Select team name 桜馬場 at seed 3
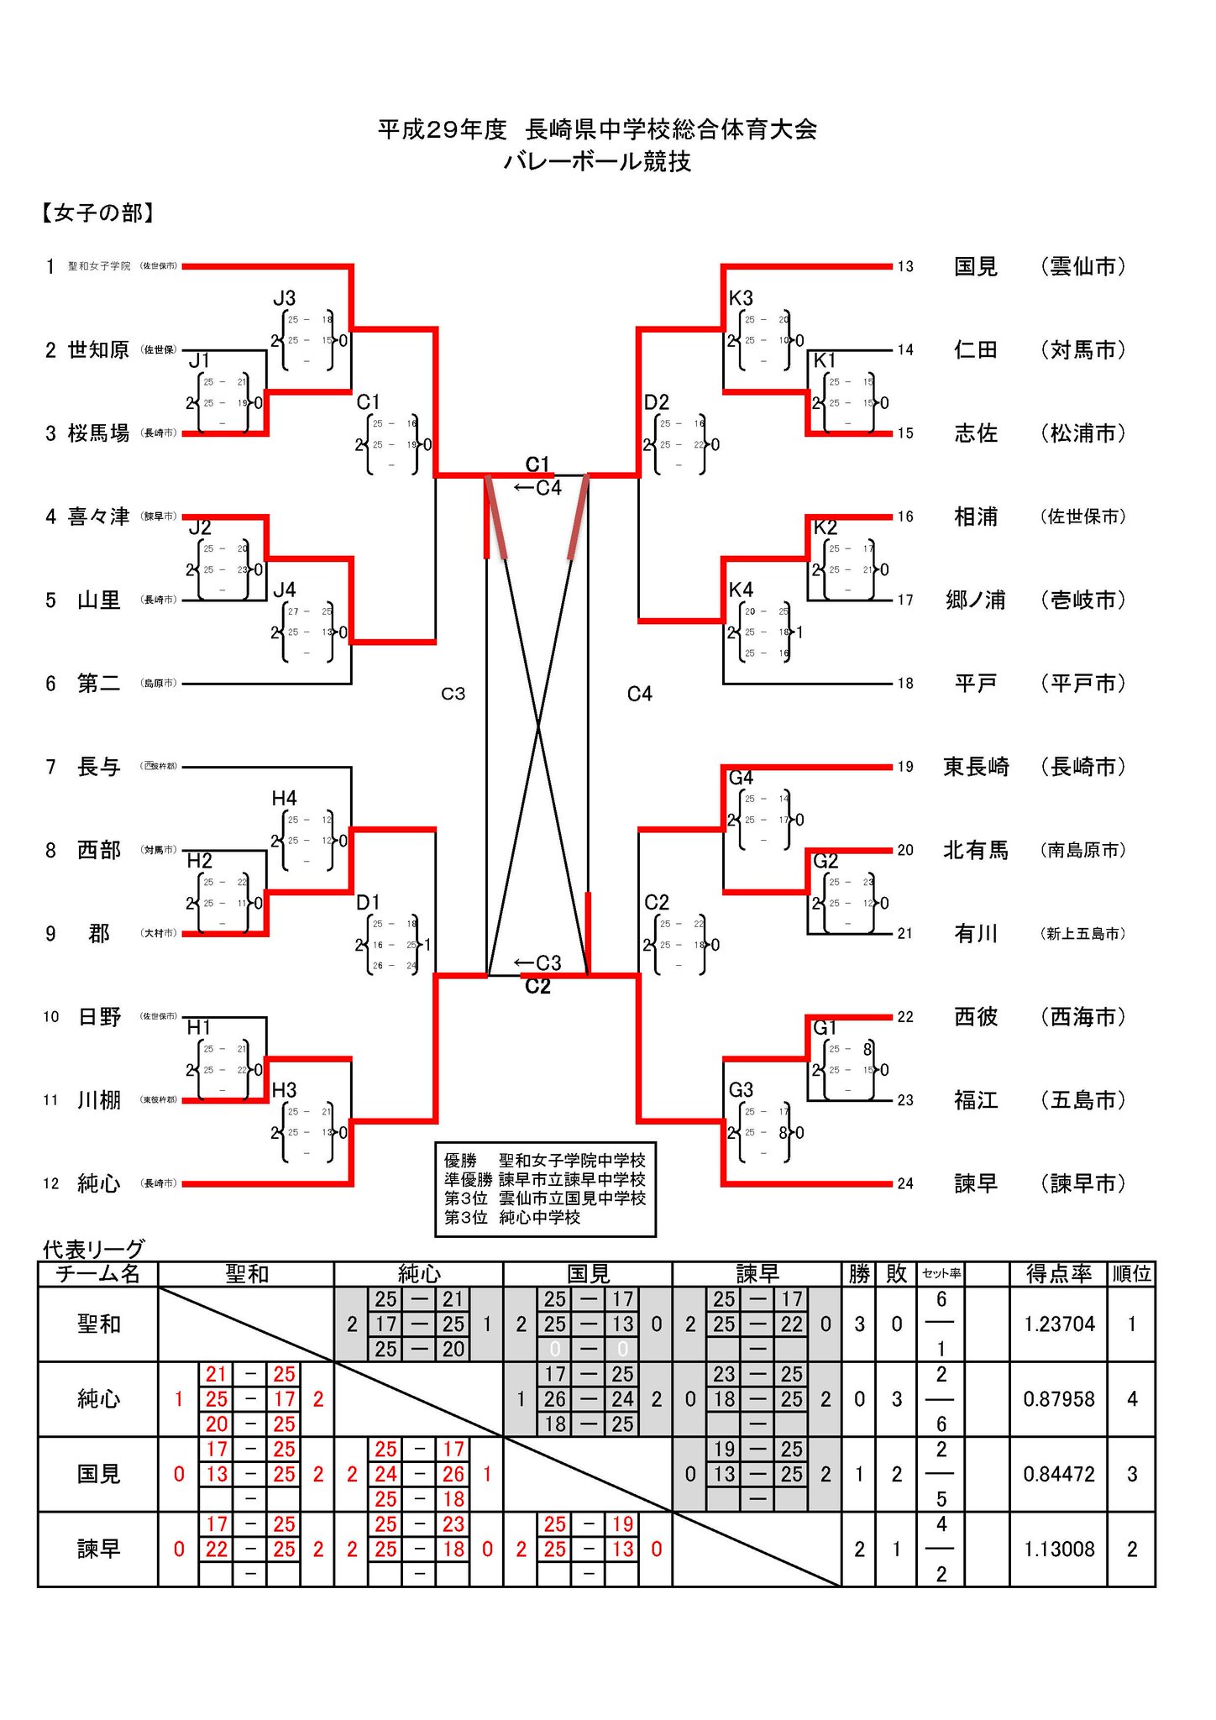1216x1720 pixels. pos(98,433)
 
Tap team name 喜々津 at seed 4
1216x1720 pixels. pos(98,517)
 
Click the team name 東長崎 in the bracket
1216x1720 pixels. pos(976,767)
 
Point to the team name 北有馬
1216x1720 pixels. pos(976,850)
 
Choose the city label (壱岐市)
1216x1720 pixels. pos(1082,600)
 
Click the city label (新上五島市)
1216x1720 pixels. pos(1082,933)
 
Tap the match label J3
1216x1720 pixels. pos(284,298)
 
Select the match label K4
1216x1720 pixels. pos(741,590)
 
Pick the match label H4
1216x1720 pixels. pos(284,798)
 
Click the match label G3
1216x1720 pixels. pos(741,1090)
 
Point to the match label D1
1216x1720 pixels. pos(368,903)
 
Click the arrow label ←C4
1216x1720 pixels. pos(537,488)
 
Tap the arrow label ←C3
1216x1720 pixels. pos(537,962)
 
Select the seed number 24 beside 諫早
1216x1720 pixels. pos(904,1183)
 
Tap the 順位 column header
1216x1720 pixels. pos(1131,1274)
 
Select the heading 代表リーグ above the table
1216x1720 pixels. pos(93,1249)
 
